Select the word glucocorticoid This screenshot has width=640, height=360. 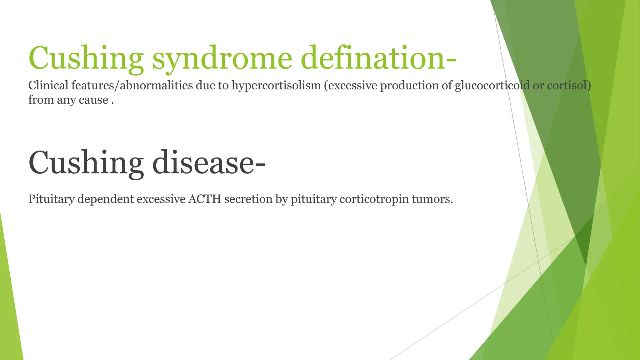point(492,85)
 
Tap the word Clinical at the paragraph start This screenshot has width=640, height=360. point(48,85)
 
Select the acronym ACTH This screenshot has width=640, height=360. point(205,199)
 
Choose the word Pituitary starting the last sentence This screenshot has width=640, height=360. point(51,199)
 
